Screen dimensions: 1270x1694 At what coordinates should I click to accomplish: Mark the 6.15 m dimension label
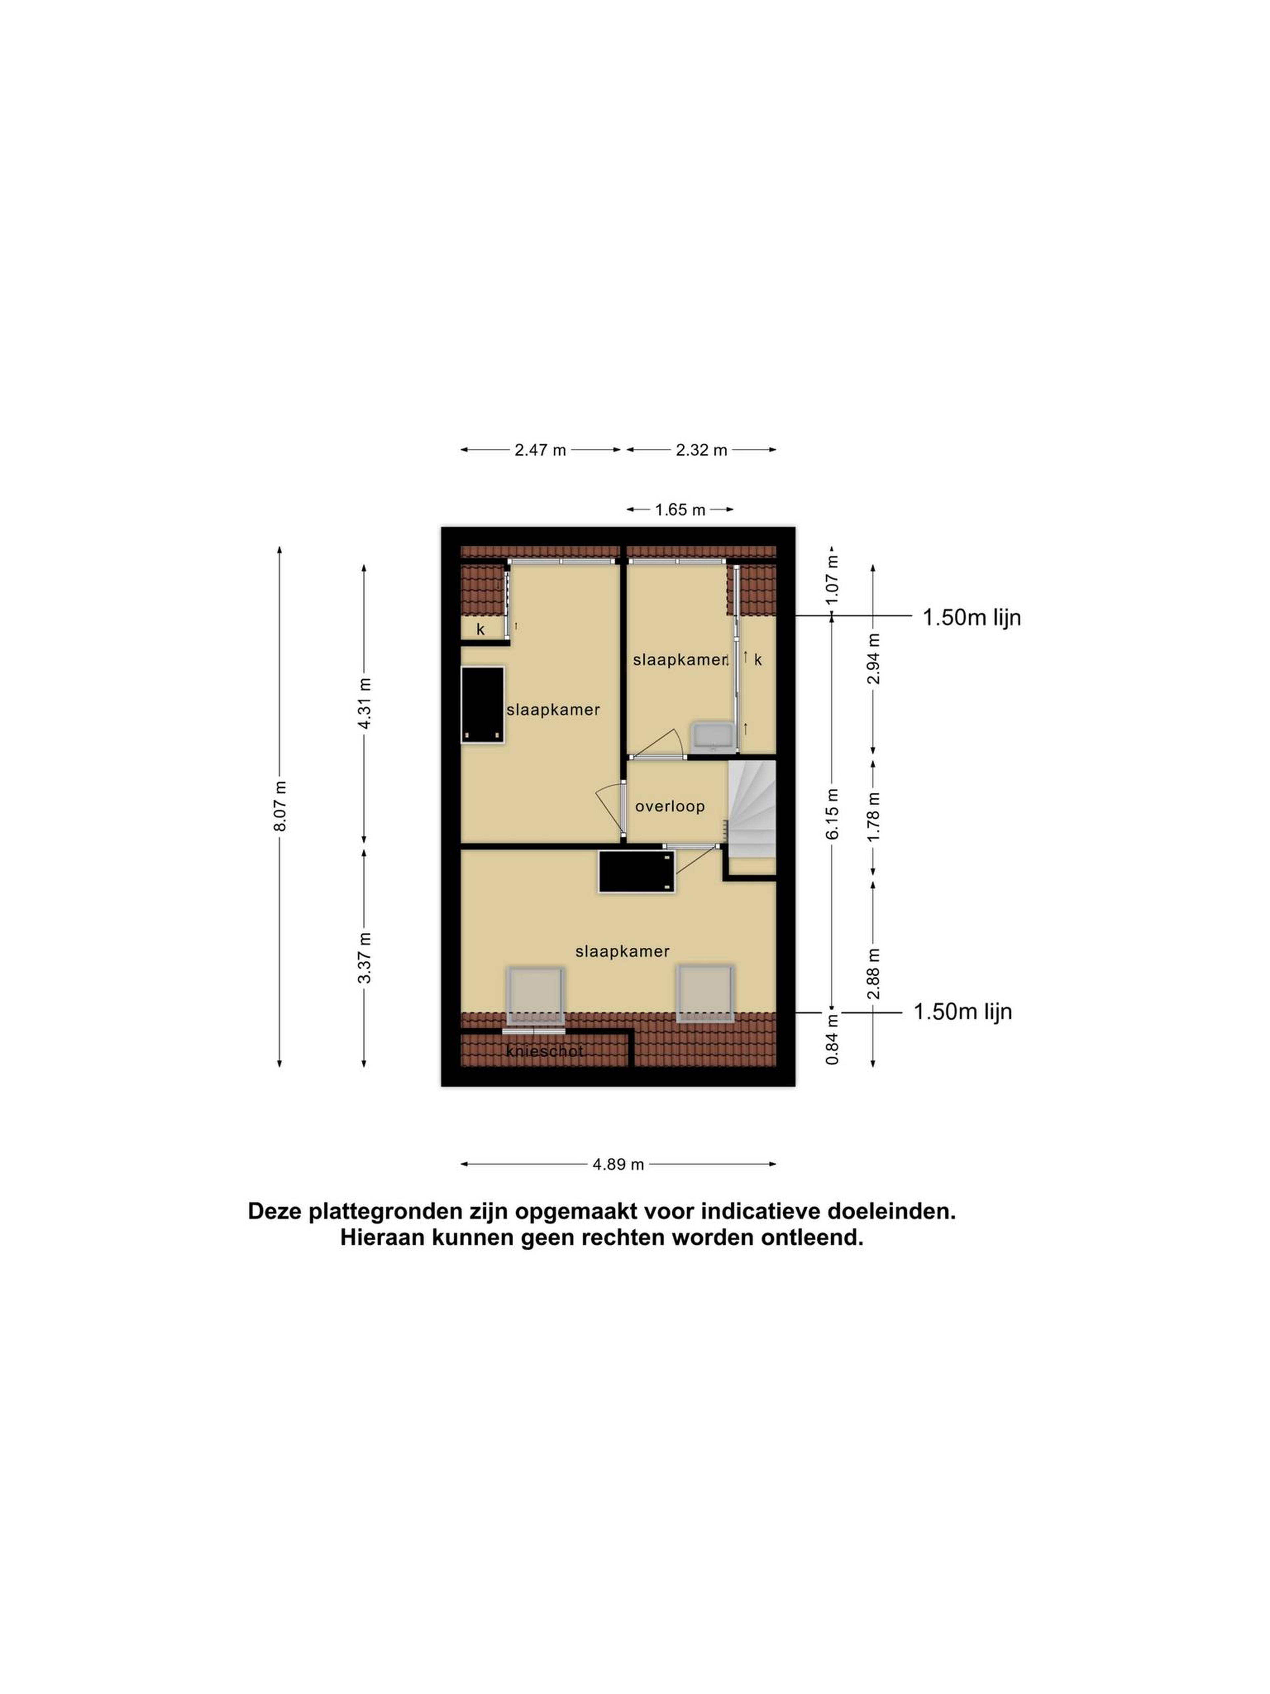pos(832,813)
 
